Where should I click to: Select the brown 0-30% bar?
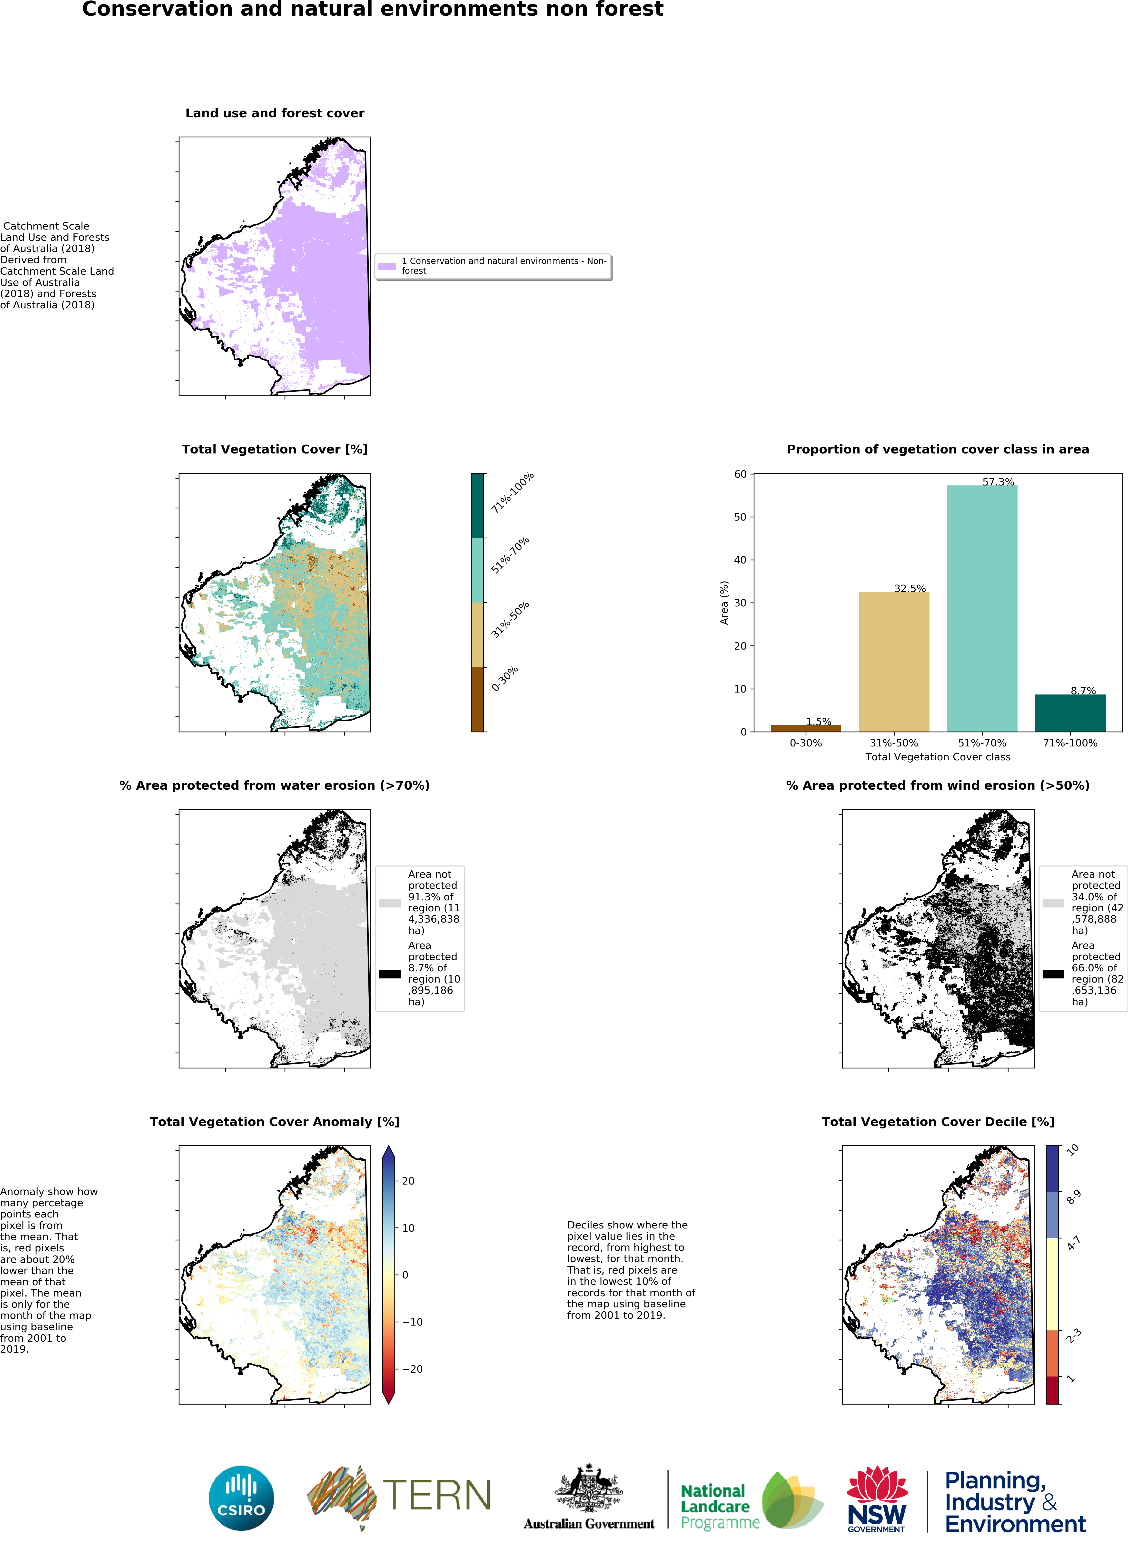point(805,728)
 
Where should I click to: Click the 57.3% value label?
point(998,482)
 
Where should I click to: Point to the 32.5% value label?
point(910,588)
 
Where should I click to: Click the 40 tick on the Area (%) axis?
point(740,560)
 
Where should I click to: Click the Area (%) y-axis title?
point(724,603)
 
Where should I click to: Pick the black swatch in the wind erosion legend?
point(1052,973)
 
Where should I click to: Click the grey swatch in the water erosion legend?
point(389,903)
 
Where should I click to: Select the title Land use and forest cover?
point(275,113)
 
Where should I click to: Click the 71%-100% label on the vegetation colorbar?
point(512,493)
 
